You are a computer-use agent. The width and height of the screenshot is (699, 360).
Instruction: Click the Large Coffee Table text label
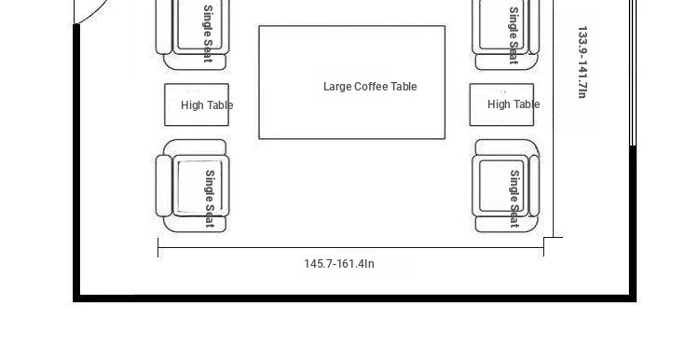[370, 87]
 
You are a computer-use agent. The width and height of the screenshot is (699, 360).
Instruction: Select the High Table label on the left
[207, 105]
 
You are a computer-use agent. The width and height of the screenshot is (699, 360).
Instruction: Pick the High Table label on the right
[514, 104]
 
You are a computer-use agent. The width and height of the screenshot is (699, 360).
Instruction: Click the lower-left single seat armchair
[193, 186]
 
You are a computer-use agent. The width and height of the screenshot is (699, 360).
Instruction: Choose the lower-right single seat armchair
[506, 186]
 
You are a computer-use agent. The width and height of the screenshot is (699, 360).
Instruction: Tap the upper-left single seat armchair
[193, 35]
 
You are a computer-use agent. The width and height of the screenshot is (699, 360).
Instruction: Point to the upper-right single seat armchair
[506, 35]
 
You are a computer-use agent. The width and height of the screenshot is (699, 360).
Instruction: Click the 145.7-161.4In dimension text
[339, 264]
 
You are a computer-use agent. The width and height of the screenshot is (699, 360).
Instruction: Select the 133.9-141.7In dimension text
[582, 62]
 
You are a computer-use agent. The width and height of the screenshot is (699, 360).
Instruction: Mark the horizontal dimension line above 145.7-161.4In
[350, 247]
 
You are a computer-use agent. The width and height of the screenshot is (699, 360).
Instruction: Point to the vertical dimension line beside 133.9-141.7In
[554, 118]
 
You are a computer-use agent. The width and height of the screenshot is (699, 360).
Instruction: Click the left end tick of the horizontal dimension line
[158, 247]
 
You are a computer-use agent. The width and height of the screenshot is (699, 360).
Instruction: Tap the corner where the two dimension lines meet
[544, 238]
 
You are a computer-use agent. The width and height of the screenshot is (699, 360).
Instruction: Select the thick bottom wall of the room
[354, 298]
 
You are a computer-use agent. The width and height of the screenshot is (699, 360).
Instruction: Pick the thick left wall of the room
[76, 163]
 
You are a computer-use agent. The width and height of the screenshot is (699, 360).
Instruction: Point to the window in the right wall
[633, 73]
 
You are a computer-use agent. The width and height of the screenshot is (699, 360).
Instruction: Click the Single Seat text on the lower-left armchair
[210, 199]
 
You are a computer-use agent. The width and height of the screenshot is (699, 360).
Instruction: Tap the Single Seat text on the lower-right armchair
[514, 199]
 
